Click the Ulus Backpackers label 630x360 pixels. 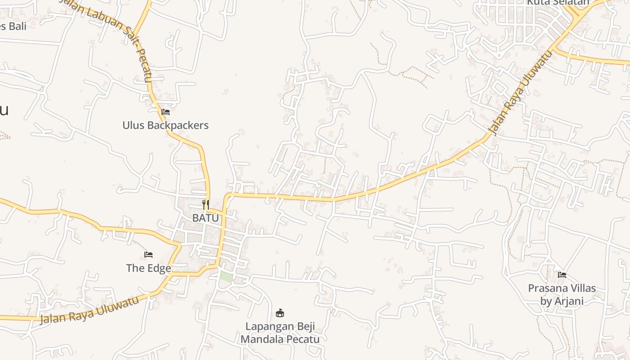click(x=165, y=125)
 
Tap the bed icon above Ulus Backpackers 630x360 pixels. click(x=166, y=112)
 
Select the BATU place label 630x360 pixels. click(x=205, y=218)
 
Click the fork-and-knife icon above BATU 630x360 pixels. click(x=206, y=205)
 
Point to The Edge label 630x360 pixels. click(x=148, y=268)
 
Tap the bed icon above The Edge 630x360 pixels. click(x=148, y=255)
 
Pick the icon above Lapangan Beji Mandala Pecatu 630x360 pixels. click(x=280, y=312)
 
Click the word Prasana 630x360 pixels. click(x=549, y=288)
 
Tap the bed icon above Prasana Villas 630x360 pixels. click(x=562, y=274)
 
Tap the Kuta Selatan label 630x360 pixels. click(x=558, y=3)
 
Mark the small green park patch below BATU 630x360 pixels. click(x=226, y=277)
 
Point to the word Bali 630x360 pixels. click(x=17, y=26)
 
